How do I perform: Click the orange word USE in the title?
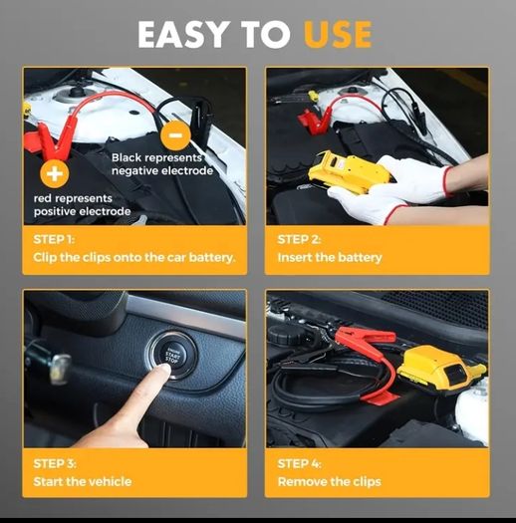[338, 34]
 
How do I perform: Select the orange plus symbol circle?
[55, 173]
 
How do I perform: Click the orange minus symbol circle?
[175, 135]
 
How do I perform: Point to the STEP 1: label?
[54, 239]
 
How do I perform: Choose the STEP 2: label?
[299, 239]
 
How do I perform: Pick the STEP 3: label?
[55, 464]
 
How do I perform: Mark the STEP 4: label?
[299, 464]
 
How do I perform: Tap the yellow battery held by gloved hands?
[349, 170]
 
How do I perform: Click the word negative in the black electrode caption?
[135, 171]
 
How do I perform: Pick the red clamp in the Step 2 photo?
[315, 121]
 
